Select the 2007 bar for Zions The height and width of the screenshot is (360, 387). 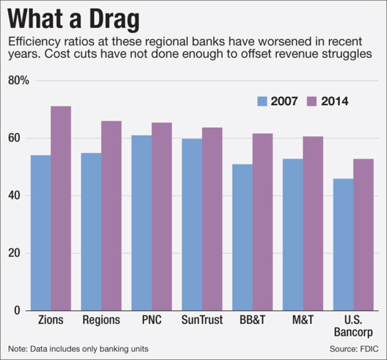click(40, 232)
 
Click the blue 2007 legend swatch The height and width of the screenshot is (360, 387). click(261, 102)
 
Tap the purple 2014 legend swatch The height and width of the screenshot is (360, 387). click(312, 102)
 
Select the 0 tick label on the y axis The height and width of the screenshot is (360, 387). click(17, 311)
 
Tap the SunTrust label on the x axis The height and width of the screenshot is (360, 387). click(202, 320)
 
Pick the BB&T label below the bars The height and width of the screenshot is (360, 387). click(253, 320)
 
